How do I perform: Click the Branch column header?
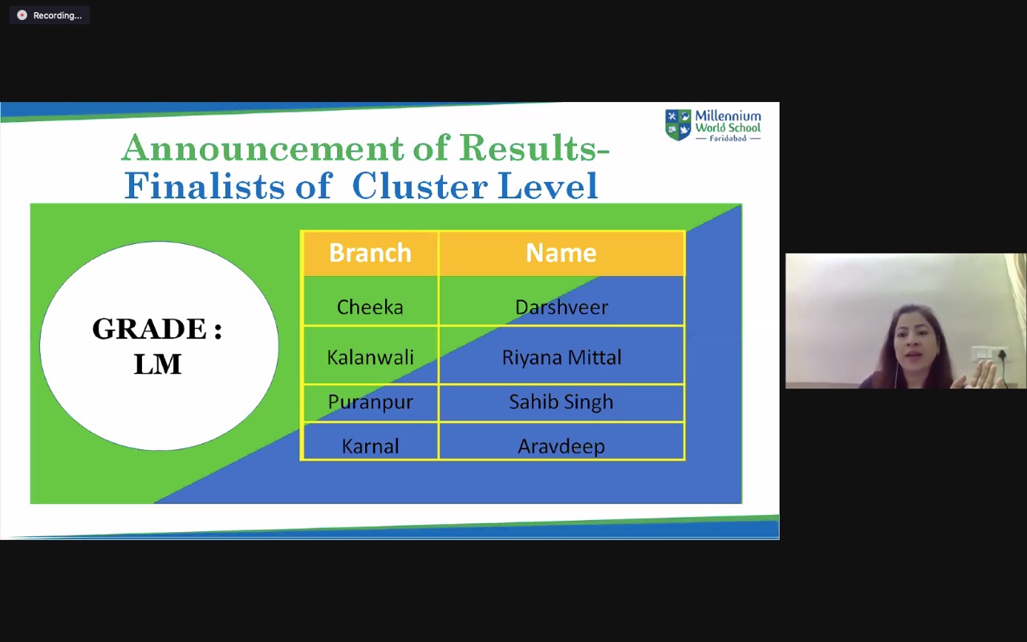[370, 253]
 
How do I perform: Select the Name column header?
[561, 253]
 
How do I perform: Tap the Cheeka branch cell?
[370, 307]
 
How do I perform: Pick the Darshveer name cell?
[561, 307]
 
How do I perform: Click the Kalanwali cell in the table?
[370, 357]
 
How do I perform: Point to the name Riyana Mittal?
[561, 357]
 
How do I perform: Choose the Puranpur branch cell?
[370, 402]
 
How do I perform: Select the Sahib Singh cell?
[561, 402]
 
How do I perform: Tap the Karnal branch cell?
[370, 445]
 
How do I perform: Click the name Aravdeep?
[561, 446]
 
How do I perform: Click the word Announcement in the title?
[262, 148]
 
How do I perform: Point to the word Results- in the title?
[534, 148]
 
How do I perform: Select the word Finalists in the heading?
[205, 185]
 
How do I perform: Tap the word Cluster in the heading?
[420, 185]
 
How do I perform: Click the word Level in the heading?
[547, 185]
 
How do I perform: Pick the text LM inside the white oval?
[158, 364]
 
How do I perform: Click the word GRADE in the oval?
[149, 328]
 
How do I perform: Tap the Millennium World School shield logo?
[678, 124]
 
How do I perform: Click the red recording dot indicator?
[22, 15]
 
